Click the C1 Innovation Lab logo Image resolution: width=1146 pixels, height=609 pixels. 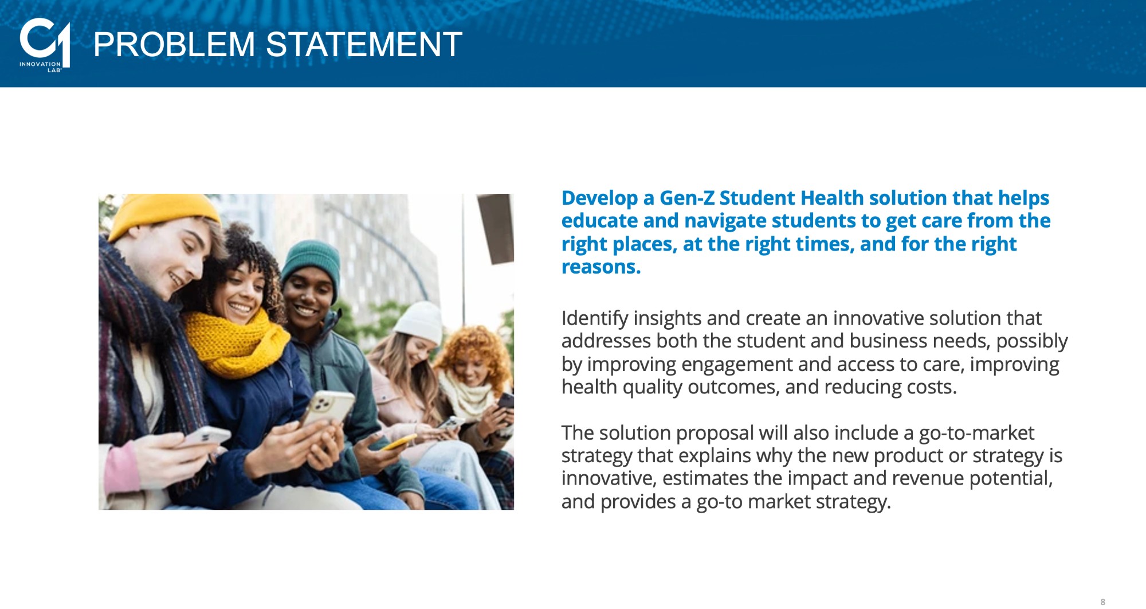(45, 45)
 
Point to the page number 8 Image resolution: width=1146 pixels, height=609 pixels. (1102, 602)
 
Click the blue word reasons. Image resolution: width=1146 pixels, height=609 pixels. (601, 267)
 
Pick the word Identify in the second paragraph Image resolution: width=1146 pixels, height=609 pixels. (595, 318)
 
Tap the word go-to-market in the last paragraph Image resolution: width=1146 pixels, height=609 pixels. (976, 432)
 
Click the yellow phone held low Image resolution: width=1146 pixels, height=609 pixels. (399, 442)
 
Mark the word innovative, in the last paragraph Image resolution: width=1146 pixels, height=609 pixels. (609, 478)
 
